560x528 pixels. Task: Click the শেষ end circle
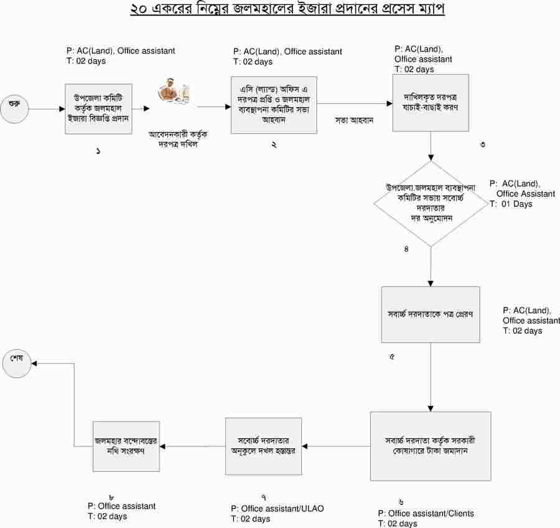click(17, 363)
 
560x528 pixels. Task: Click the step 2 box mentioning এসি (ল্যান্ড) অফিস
click(274, 104)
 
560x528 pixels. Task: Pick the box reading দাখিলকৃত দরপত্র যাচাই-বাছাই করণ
click(430, 103)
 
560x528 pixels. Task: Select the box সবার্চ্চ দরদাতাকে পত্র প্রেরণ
click(431, 314)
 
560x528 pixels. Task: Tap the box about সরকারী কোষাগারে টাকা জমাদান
click(431, 445)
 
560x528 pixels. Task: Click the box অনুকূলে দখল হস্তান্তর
click(263, 445)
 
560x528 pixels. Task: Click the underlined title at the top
click(287, 11)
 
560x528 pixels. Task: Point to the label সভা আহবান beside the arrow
click(354, 120)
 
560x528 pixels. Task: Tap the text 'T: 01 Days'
click(511, 204)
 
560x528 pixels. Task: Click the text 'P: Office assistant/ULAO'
click(277, 509)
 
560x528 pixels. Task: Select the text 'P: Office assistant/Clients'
click(426, 513)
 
